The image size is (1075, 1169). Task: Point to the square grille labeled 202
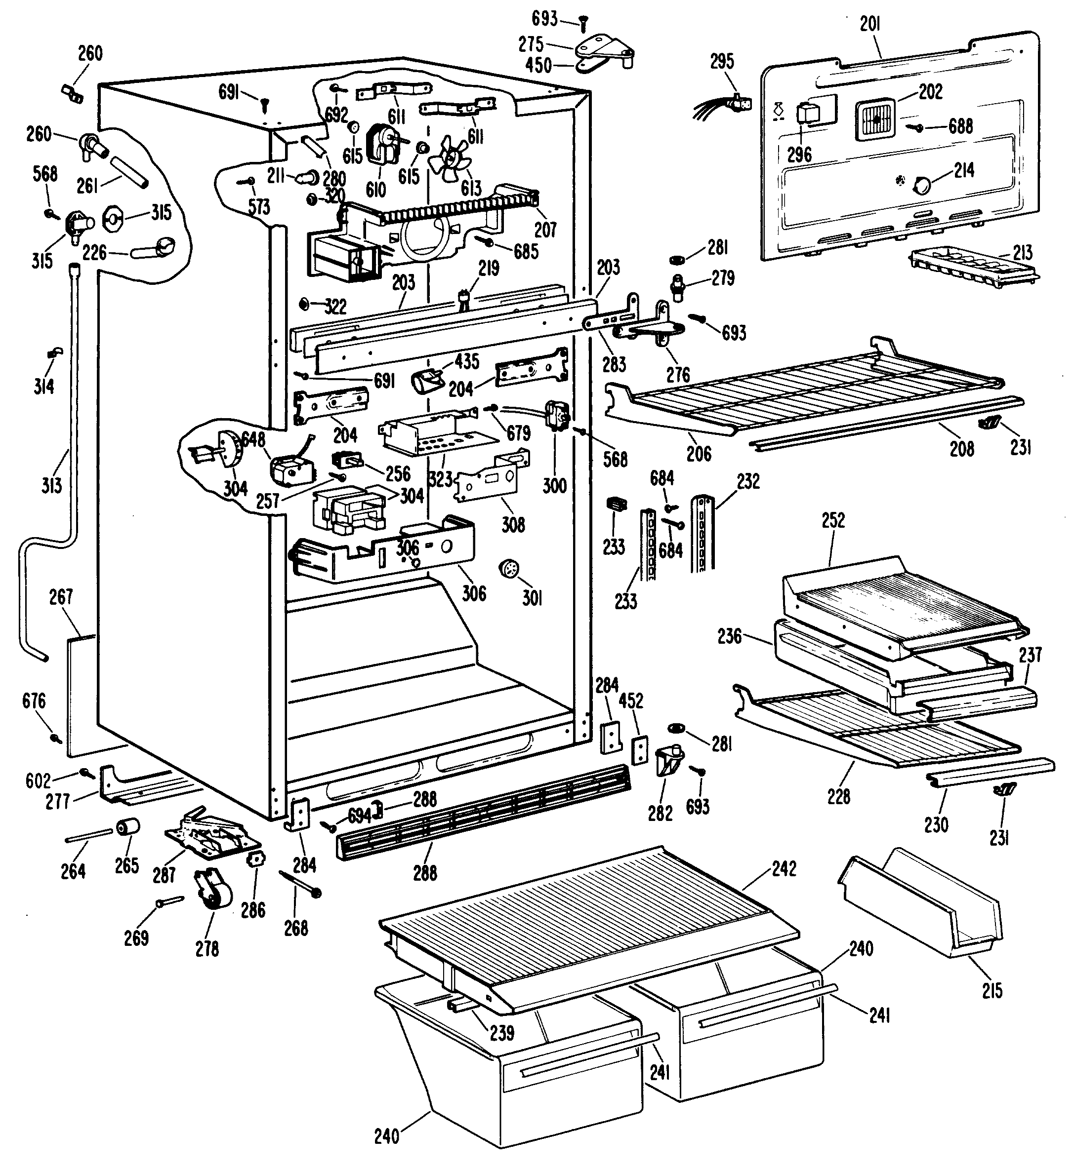coord(875,119)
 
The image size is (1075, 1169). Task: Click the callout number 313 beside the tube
coord(51,484)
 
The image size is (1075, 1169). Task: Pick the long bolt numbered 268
coord(299,882)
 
